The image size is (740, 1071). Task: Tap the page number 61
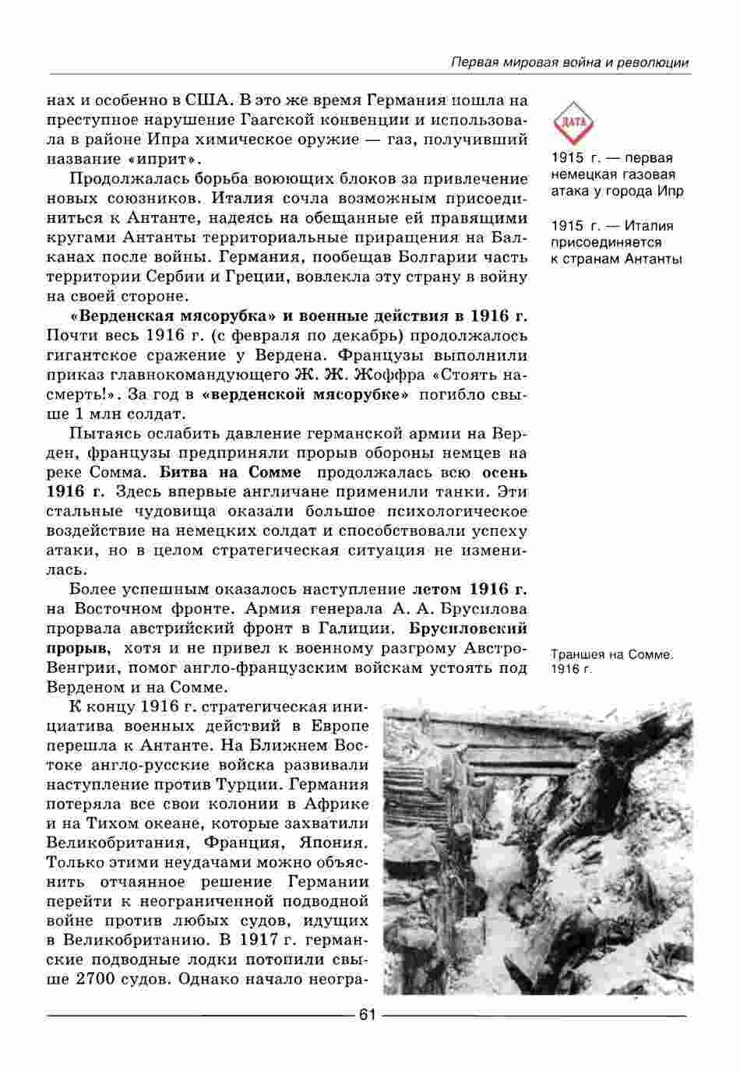point(367,1014)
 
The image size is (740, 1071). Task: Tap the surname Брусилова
point(478,608)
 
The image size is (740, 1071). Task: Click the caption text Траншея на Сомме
point(611,655)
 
